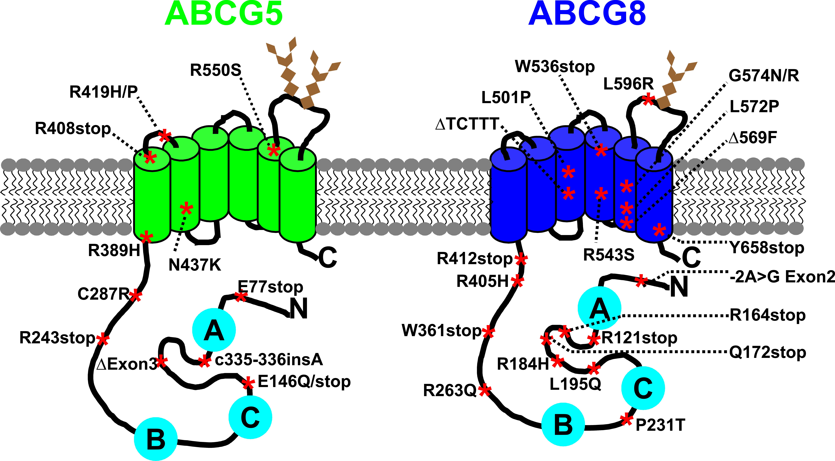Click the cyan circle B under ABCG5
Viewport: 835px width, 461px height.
(156, 439)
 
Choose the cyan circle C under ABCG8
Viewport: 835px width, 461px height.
(643, 388)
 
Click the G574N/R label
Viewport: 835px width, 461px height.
(764, 76)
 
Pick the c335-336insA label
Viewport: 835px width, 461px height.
(269, 359)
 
